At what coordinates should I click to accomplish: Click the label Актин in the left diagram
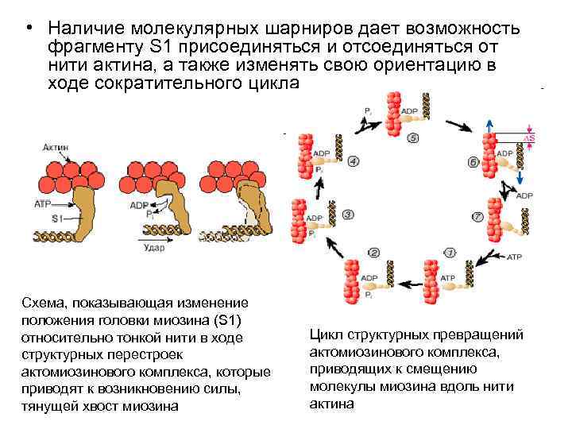tap(55, 148)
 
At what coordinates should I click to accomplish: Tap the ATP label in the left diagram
tap(43, 204)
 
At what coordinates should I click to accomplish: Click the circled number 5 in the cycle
tap(413, 138)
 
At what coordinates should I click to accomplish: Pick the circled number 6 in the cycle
tap(473, 163)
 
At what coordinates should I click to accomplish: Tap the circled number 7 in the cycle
tap(477, 216)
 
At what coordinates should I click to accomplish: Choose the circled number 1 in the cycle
tap(449, 253)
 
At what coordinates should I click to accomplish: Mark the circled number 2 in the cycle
tap(374, 253)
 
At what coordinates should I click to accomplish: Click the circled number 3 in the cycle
tap(349, 215)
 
